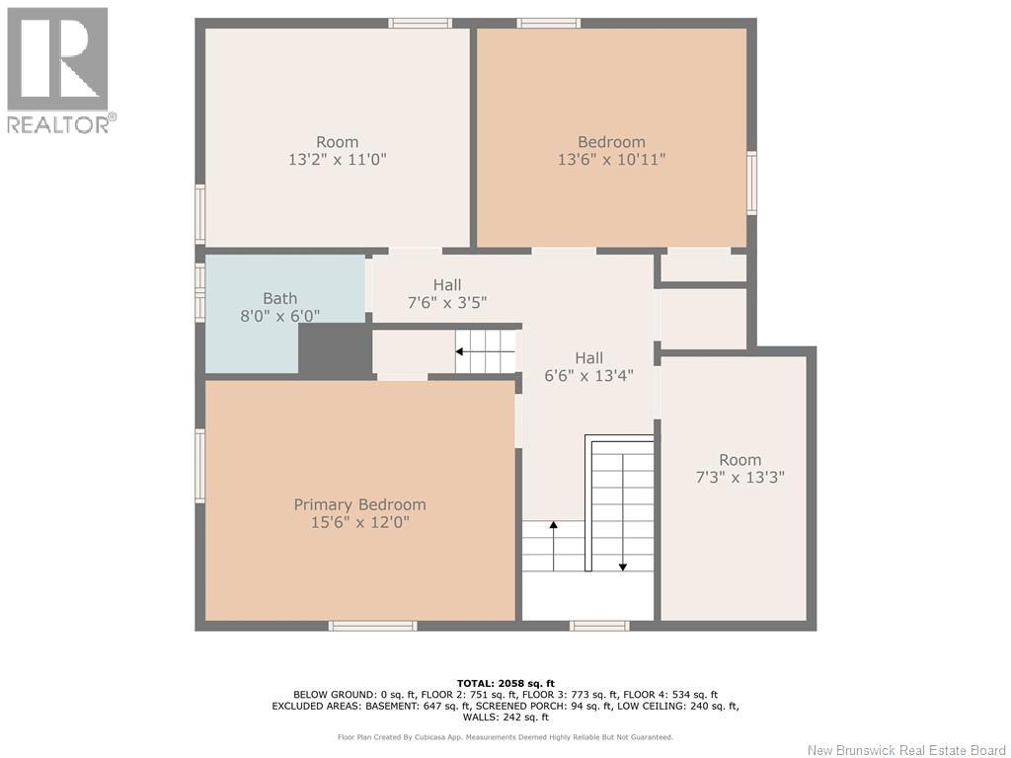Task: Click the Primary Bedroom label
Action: tap(359, 504)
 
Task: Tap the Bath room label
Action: tap(279, 298)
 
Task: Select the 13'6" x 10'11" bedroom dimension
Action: tap(611, 159)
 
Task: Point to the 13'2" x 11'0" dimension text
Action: tap(338, 159)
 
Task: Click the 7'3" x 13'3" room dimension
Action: tap(740, 478)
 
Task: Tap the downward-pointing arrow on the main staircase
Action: tap(623, 512)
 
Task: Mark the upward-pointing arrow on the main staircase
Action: tap(553, 546)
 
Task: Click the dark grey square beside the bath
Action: tap(336, 349)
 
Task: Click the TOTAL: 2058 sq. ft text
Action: tap(505, 683)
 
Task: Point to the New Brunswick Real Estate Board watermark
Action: tap(906, 750)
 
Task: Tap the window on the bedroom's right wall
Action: tap(751, 183)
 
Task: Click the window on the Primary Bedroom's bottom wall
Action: tap(372, 626)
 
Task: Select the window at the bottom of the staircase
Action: tap(599, 626)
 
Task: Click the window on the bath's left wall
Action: tap(199, 292)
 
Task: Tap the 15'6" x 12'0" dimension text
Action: tap(359, 522)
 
